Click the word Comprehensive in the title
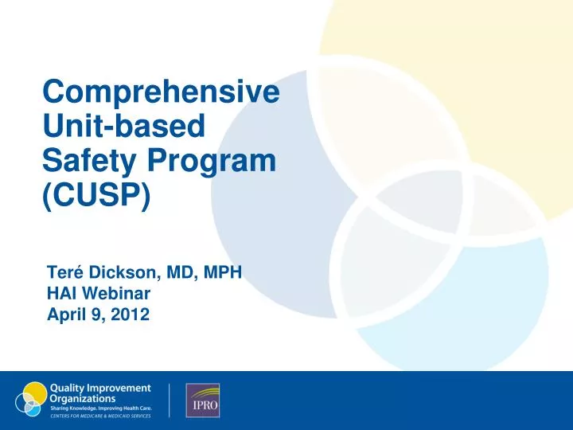[x=161, y=92]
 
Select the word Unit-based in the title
[x=123, y=127]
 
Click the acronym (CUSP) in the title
[x=95, y=195]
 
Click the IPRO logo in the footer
[x=202, y=401]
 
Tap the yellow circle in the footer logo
[x=35, y=393]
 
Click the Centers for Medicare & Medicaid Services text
[x=100, y=415]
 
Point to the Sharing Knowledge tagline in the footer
[x=100, y=407]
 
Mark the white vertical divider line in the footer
[x=170, y=401]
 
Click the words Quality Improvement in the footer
[x=100, y=388]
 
